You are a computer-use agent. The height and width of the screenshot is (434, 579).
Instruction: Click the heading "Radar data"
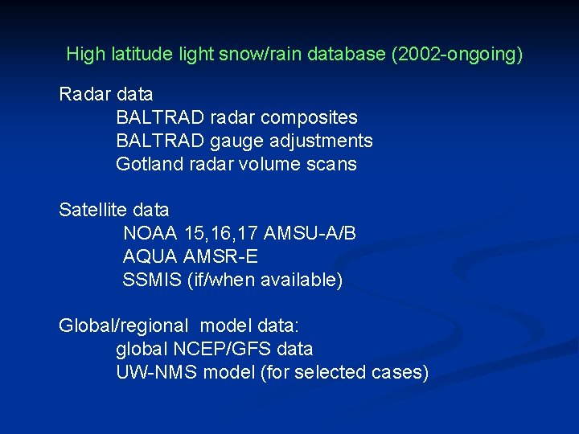point(105,95)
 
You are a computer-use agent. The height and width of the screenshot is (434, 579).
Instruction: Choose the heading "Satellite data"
point(114,211)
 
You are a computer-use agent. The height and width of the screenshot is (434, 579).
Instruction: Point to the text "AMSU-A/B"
point(310,234)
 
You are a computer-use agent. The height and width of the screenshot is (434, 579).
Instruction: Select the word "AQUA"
point(150,257)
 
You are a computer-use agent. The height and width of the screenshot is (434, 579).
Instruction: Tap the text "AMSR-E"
point(221,257)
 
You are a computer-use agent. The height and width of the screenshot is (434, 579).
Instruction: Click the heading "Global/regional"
point(124,326)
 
